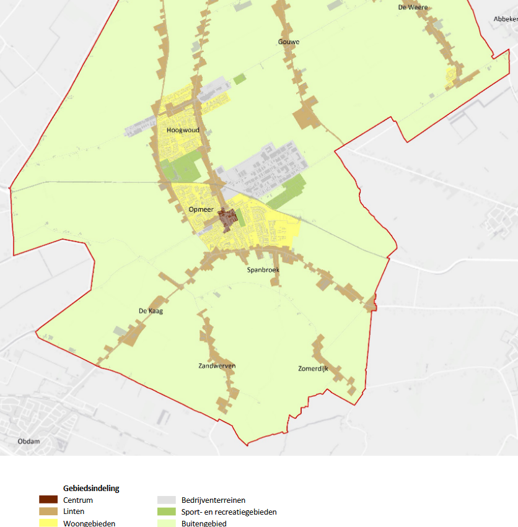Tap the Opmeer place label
point(201,210)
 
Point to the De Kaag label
point(151,311)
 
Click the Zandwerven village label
point(217,366)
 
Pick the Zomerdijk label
point(312,368)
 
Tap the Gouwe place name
point(289,42)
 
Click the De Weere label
point(413,7)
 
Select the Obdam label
point(29,441)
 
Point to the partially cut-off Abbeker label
point(505,19)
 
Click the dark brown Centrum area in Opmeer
point(227,219)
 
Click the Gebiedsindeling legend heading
point(91,488)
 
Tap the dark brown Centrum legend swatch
point(48,500)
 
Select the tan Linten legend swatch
point(48,512)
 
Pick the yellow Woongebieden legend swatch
point(48,523)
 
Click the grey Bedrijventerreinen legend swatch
point(167,500)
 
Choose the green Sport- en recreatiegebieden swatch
point(167,512)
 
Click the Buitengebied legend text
point(204,523)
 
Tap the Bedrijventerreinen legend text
point(214,500)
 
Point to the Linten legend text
point(74,512)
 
